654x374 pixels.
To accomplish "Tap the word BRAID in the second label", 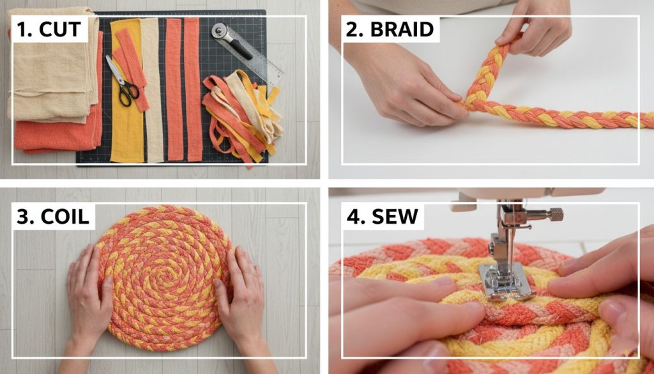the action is (x=402, y=29).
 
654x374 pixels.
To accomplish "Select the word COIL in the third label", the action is (x=65, y=216).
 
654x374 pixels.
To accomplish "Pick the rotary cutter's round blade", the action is (x=220, y=31).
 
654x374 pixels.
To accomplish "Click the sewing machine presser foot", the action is (x=506, y=283).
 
